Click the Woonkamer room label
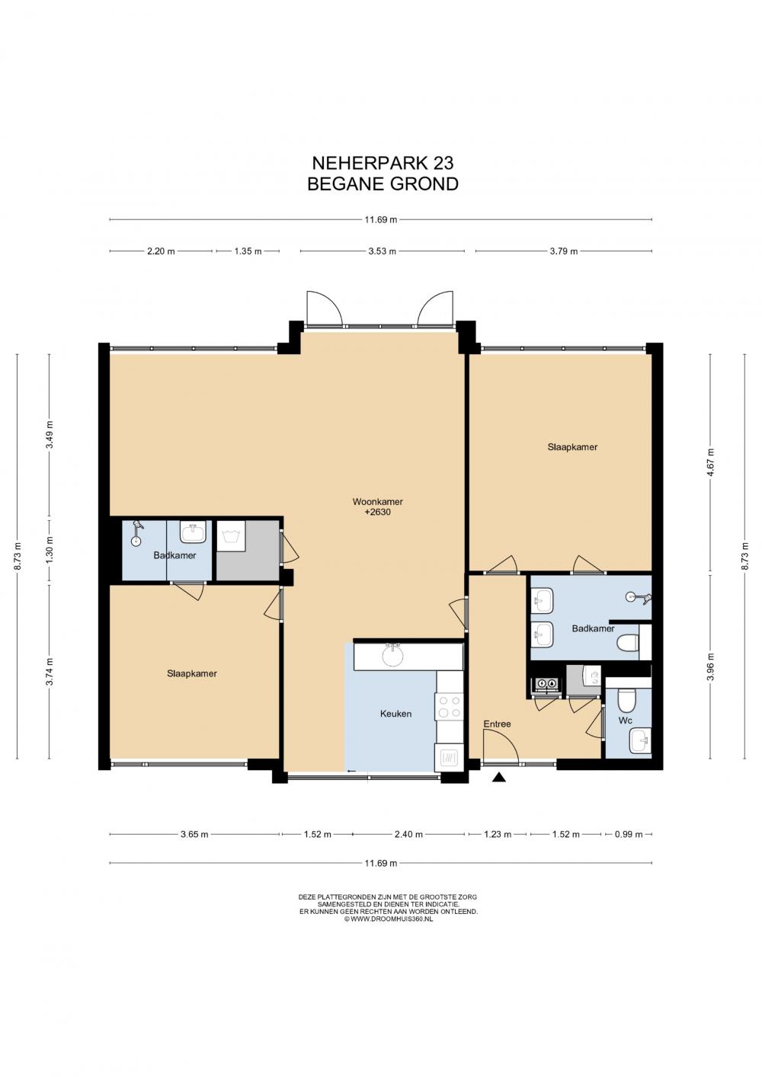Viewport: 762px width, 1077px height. pyautogui.click(x=378, y=501)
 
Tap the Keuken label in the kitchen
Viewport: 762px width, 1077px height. pyautogui.click(x=395, y=714)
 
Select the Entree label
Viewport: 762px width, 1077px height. pyautogui.click(x=497, y=724)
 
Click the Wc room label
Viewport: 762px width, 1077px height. pyautogui.click(x=626, y=721)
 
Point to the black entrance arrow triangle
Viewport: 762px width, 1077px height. pyautogui.click(x=500, y=777)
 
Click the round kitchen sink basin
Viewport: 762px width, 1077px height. pyautogui.click(x=393, y=655)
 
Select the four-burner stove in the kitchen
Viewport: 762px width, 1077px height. pyautogui.click(x=450, y=707)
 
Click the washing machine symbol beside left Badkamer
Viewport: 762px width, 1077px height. pyautogui.click(x=231, y=535)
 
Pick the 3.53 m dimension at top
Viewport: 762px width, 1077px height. pyautogui.click(x=383, y=251)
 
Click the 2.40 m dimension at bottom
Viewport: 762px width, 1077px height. pyautogui.click(x=409, y=834)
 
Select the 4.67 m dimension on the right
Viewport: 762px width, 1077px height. pyautogui.click(x=710, y=462)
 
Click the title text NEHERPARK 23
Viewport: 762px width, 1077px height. pyautogui.click(x=383, y=164)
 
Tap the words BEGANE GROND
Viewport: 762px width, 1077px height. pyautogui.click(x=383, y=184)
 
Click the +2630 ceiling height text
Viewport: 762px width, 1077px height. pyautogui.click(x=378, y=512)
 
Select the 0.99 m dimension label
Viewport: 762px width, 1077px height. pyautogui.click(x=629, y=834)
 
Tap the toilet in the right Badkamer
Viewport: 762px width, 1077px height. pyautogui.click(x=629, y=643)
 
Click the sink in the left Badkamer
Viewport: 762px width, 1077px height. pyautogui.click(x=194, y=532)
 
